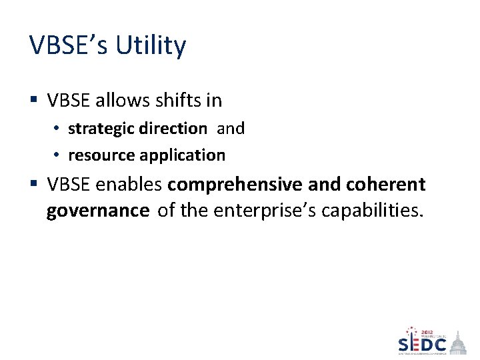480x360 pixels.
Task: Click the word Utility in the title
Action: point(151,46)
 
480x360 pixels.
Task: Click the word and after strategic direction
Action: point(231,128)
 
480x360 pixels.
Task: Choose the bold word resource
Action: point(101,155)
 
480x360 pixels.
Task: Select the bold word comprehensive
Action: point(236,184)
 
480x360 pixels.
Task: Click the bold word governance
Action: point(98,211)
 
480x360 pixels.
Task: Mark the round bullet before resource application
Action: point(57,155)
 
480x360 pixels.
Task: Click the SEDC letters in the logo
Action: point(422,344)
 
